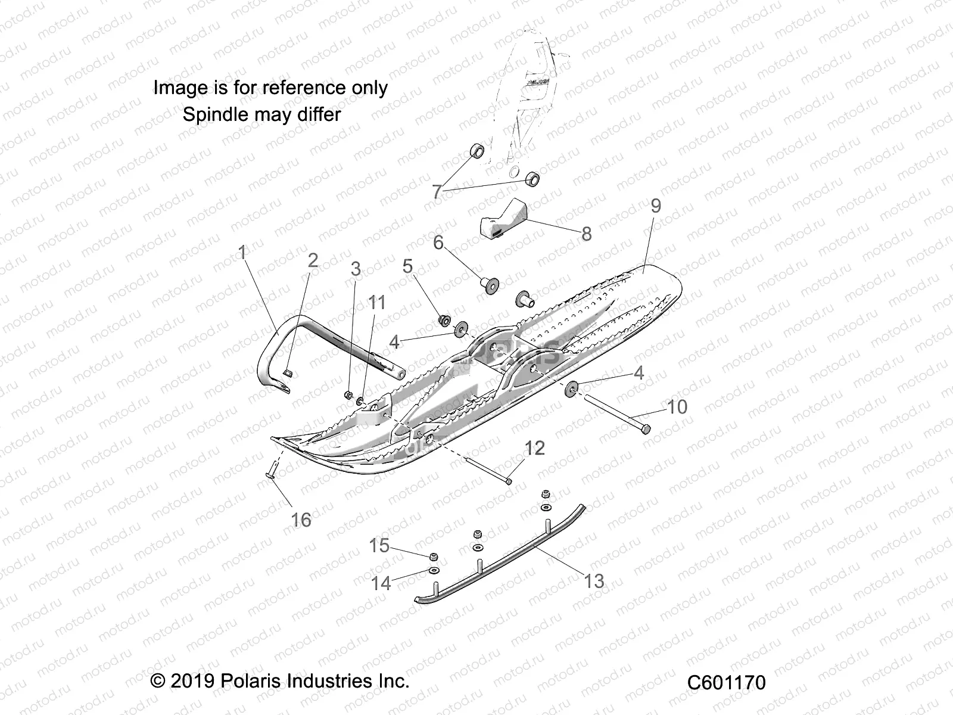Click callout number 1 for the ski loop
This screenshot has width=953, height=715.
(242, 253)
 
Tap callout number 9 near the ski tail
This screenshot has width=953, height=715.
(655, 206)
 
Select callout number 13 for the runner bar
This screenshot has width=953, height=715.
(593, 581)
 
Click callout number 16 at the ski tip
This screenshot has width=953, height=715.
(301, 520)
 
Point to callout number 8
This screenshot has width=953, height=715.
(586, 234)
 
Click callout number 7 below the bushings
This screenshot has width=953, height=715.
(437, 192)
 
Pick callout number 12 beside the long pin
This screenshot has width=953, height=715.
(534, 448)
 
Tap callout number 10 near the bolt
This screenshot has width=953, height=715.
(677, 407)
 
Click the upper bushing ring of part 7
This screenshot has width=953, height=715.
(478, 150)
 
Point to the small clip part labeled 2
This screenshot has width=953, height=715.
(288, 373)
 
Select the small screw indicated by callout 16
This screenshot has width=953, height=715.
(269, 474)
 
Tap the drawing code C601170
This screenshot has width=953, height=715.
(726, 682)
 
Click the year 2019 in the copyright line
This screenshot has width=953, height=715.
(192, 680)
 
